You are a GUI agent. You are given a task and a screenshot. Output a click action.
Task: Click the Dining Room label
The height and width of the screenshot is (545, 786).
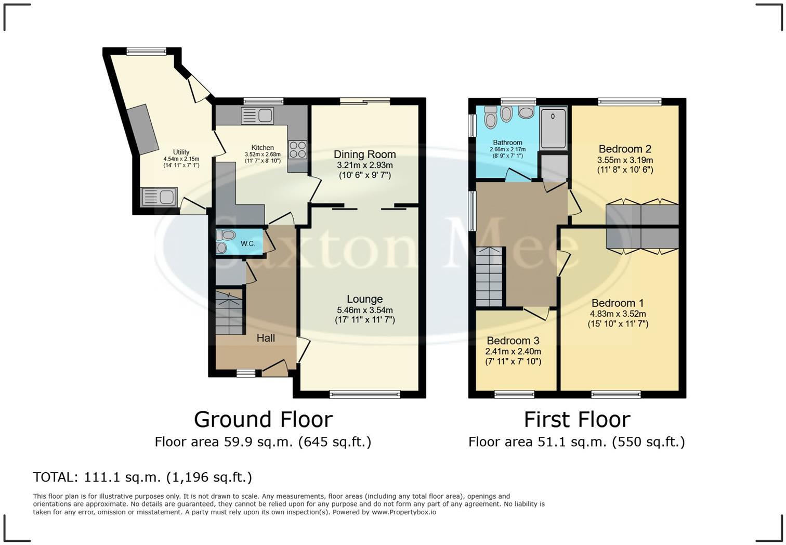(x=364, y=154)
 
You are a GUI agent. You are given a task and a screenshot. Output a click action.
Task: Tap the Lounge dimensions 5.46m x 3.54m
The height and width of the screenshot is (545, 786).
(x=364, y=310)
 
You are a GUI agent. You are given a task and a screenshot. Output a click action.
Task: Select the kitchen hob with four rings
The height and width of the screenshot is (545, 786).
(x=297, y=149)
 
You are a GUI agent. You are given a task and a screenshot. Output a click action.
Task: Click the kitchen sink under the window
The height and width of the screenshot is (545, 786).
(x=257, y=115)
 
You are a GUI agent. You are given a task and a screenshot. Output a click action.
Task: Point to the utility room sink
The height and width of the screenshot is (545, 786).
(x=159, y=197)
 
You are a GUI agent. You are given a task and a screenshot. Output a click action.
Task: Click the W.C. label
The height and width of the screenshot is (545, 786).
(x=248, y=243)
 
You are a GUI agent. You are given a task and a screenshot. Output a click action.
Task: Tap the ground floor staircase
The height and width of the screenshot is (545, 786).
(x=229, y=312)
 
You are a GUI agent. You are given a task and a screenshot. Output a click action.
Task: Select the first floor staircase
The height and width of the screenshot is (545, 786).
(x=489, y=277)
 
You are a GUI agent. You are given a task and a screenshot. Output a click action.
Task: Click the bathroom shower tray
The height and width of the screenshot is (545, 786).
(x=553, y=128)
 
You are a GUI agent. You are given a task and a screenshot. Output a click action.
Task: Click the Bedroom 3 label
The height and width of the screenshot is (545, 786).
(x=513, y=341)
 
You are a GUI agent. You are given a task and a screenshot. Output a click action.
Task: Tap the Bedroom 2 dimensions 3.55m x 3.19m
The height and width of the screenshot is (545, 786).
(x=625, y=160)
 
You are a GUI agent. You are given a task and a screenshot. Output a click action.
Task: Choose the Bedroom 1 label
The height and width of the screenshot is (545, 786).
(x=618, y=303)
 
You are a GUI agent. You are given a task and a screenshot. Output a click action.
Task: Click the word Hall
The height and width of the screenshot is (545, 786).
(x=266, y=338)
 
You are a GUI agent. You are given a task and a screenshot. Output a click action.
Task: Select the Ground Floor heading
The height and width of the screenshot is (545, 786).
(x=263, y=419)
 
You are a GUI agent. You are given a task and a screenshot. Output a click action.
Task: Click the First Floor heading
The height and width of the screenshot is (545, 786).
(x=577, y=419)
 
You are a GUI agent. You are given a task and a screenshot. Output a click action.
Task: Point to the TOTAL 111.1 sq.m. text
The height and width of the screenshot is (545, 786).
(x=142, y=477)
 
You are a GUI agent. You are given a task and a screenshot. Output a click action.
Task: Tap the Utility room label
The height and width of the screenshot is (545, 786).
(x=181, y=152)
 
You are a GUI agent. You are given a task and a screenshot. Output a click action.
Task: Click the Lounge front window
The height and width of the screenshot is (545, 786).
(x=365, y=395)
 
